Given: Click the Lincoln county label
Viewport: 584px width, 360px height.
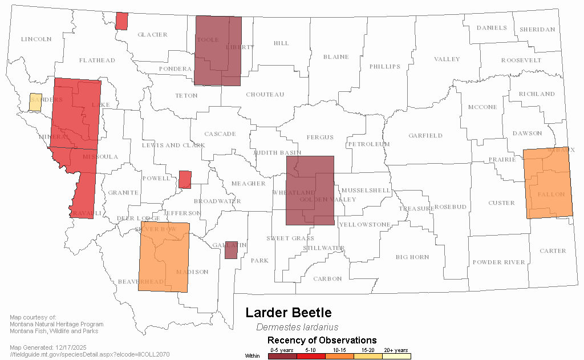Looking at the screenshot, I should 36,39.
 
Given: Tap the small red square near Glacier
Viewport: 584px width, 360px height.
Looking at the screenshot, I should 121,21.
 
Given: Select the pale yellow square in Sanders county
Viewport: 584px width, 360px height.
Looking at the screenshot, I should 35,102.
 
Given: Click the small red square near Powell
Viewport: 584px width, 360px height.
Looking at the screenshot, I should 184,179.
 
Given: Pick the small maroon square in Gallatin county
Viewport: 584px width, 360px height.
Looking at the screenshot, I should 231,250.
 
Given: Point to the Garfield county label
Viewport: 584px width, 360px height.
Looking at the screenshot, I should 425,136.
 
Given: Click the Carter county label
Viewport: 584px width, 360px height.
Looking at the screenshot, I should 553,251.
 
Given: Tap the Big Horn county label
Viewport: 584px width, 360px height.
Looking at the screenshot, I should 412,257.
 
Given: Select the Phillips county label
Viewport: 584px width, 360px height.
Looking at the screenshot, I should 385,67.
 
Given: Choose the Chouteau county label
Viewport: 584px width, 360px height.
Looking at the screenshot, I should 265,95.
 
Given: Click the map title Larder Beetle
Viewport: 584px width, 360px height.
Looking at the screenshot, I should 288,313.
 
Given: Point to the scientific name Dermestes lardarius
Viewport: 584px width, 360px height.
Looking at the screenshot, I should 297,327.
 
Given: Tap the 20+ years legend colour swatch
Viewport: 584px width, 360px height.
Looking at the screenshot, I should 396,356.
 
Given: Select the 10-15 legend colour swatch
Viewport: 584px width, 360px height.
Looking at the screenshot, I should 339,356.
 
